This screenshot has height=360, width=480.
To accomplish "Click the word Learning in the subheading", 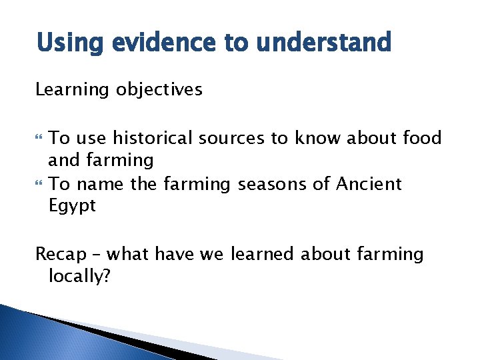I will (71, 90).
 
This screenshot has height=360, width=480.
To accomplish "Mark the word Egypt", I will (72, 207).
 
